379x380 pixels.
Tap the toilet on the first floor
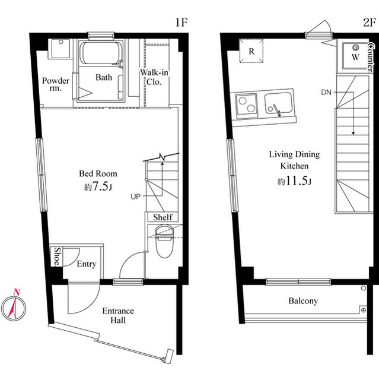(x=164, y=241)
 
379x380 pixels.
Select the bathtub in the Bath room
(x=100, y=53)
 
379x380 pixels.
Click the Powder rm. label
(x=56, y=84)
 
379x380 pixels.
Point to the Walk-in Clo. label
(x=154, y=77)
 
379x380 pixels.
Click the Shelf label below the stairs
(x=163, y=217)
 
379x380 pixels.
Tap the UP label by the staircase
(x=136, y=197)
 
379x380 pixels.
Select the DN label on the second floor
(x=326, y=93)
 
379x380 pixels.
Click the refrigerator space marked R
(x=251, y=51)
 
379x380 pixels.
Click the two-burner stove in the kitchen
(x=247, y=106)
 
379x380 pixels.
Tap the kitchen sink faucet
(x=277, y=110)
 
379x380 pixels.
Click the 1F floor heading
(x=181, y=23)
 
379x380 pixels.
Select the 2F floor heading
(x=369, y=23)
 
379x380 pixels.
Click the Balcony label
(x=303, y=301)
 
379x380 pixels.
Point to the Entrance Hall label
(x=118, y=315)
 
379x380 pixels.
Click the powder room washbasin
(x=60, y=49)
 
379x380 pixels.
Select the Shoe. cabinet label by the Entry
(x=58, y=256)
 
